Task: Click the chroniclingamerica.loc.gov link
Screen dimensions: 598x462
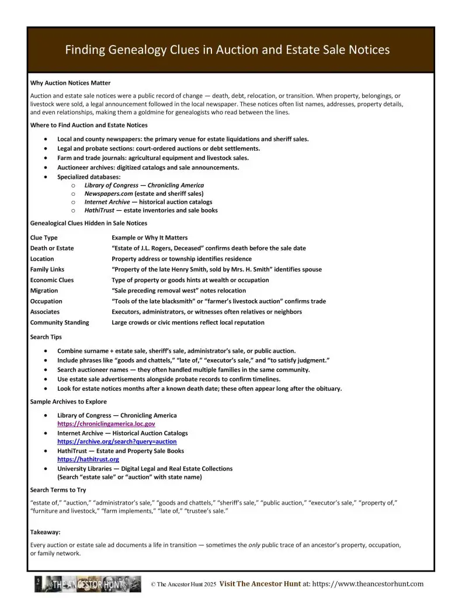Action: (x=106, y=424)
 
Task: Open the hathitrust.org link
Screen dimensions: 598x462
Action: (x=88, y=460)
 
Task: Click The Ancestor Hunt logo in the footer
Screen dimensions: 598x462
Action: (x=88, y=584)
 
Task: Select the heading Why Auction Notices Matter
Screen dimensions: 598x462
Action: (x=70, y=83)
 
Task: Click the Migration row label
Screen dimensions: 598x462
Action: (x=44, y=291)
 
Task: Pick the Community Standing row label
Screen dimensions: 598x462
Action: (x=60, y=322)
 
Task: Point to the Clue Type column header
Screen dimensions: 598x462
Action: (x=44, y=238)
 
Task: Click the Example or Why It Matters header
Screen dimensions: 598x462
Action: (x=150, y=238)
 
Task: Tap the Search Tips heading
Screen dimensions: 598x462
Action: (x=46, y=338)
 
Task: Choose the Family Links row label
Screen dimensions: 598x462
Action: (x=48, y=270)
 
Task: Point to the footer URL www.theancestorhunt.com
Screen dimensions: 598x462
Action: (x=367, y=584)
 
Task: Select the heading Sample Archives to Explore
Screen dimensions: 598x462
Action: (x=68, y=402)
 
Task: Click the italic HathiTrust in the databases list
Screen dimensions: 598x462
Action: (x=100, y=210)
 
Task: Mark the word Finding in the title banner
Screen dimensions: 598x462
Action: (x=85, y=50)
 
